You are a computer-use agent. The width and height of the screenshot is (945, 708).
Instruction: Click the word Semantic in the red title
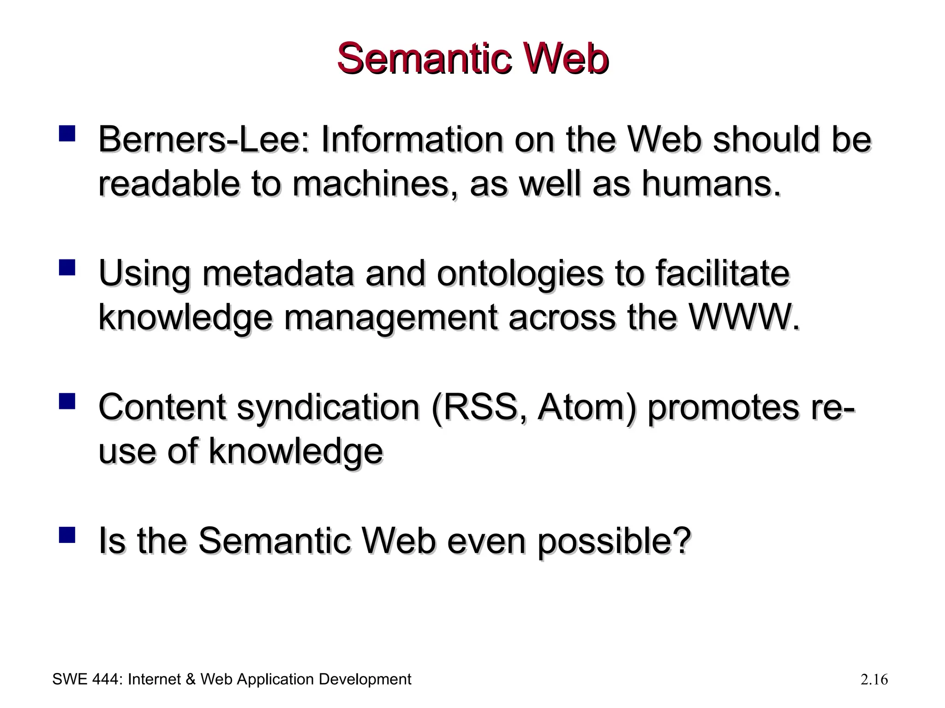[424, 59]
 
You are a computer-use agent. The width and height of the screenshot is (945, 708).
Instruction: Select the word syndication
[328, 408]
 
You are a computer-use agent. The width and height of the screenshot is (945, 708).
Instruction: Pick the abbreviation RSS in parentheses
[481, 407]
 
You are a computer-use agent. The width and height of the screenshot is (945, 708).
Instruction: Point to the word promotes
[722, 408]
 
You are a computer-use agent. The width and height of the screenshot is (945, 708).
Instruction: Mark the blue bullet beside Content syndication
[67, 401]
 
